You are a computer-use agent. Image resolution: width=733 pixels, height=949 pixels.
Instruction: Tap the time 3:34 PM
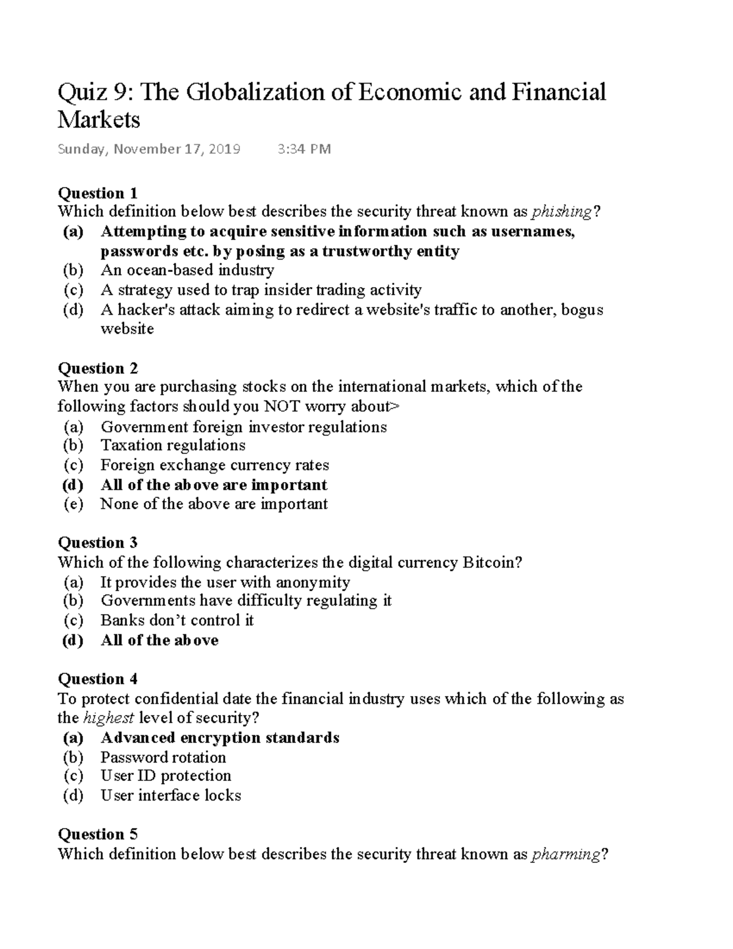(x=304, y=149)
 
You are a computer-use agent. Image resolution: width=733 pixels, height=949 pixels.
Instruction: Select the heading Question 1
(x=97, y=193)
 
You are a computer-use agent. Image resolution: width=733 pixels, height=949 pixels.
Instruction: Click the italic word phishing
(x=561, y=212)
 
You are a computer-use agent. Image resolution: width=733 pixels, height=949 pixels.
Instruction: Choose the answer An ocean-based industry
(x=187, y=270)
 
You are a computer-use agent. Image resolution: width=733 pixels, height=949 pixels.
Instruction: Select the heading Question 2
(x=98, y=368)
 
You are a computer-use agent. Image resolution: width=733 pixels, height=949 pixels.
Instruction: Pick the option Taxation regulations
(x=173, y=445)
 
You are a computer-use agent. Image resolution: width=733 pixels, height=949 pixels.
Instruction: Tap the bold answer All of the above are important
(x=214, y=485)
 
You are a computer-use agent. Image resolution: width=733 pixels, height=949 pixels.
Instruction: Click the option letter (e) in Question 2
(x=73, y=504)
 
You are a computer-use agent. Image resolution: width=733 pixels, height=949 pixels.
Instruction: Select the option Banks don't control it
(x=177, y=620)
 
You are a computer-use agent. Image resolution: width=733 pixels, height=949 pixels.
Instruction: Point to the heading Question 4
(x=98, y=679)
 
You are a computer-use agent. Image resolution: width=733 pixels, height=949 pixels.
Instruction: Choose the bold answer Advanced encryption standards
(x=220, y=738)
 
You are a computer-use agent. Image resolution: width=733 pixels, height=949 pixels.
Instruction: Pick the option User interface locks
(x=171, y=796)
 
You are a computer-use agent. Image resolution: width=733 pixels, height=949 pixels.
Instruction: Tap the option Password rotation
(x=163, y=757)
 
